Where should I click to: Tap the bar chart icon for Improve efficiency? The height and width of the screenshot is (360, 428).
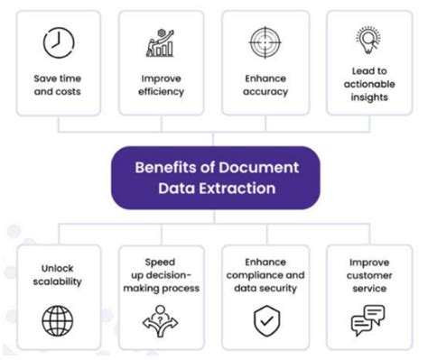[x=163, y=42]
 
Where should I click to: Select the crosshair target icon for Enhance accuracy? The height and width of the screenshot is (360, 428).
[x=265, y=42]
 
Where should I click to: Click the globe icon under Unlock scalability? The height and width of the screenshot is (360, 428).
[x=58, y=320]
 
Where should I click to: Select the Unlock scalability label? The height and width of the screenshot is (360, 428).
[x=58, y=274]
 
